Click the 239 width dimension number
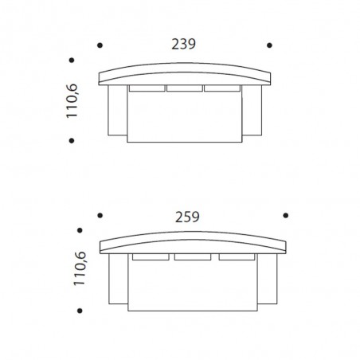click(183, 45)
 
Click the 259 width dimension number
click(187, 217)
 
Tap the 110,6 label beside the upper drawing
click(72, 101)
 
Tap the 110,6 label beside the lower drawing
click(80, 268)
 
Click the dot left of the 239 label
click(100, 45)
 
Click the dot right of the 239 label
click(269, 45)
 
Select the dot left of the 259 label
click(100, 215)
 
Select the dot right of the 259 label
click(286, 215)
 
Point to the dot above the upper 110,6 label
click(72, 61)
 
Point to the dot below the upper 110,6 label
click(72, 140)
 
